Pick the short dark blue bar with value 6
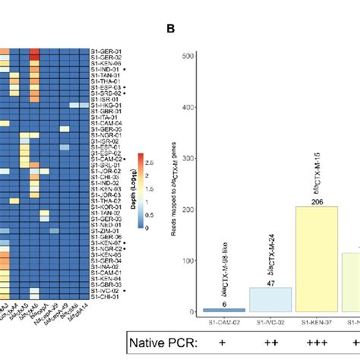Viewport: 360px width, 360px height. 225,309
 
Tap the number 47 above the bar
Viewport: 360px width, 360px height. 271,283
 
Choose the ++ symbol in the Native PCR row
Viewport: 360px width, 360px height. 271,343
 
